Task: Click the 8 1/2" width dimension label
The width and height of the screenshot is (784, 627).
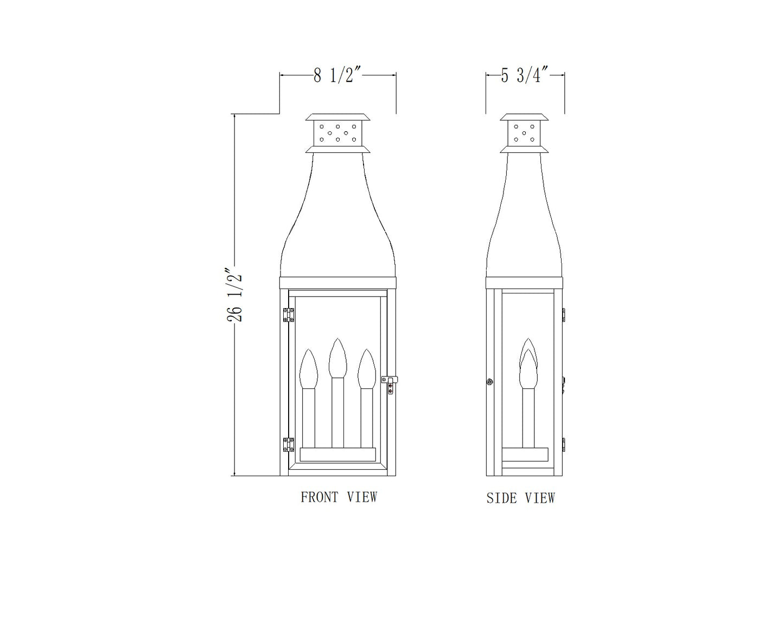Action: coord(337,76)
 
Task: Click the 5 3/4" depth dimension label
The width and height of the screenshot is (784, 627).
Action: coord(525,76)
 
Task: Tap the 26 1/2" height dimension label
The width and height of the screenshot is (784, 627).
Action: coord(234,296)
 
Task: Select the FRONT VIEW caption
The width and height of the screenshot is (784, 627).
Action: coord(339,497)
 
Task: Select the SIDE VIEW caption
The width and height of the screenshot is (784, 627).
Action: coord(521,498)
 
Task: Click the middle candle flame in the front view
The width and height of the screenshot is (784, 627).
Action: coord(337,358)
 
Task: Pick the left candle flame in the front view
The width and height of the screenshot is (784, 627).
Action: coord(309,369)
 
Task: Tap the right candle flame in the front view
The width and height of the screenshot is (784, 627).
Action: coord(366,369)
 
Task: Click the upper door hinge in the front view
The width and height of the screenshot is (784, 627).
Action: coord(289,315)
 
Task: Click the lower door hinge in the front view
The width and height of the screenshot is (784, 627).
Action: coord(289,445)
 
